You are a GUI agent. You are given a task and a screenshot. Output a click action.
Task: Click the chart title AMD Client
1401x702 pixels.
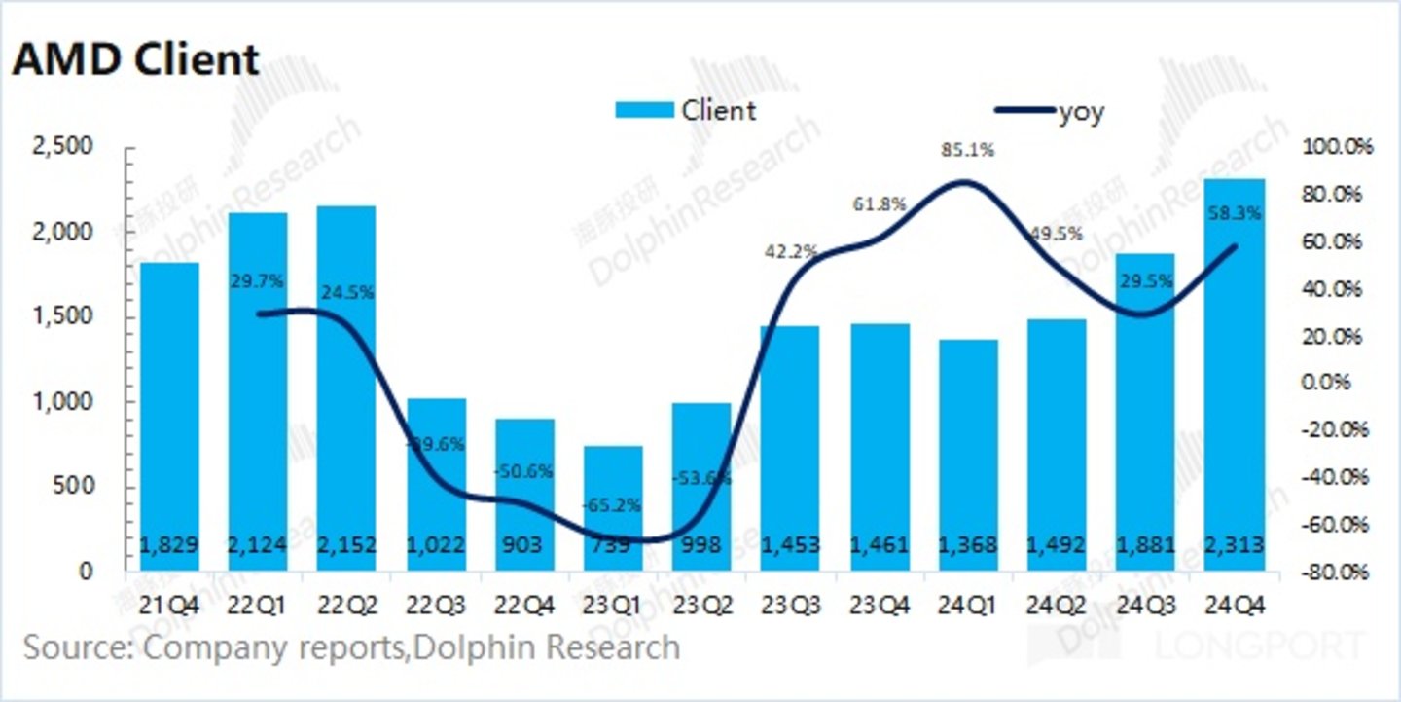[x=135, y=60]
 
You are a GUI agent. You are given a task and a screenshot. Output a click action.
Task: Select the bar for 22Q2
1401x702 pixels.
[x=346, y=388]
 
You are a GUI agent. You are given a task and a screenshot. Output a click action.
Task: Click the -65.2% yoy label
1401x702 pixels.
[x=611, y=506]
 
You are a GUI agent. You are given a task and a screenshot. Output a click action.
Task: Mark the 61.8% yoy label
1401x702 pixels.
[x=880, y=204]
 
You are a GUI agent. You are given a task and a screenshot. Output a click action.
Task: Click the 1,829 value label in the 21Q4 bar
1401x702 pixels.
[x=169, y=545]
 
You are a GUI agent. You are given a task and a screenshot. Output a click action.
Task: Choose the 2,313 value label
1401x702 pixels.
[x=1234, y=545]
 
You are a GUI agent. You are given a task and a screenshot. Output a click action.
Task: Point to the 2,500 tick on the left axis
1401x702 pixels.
[x=62, y=147]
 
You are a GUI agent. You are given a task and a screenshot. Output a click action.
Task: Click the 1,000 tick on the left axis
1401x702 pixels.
[x=62, y=402]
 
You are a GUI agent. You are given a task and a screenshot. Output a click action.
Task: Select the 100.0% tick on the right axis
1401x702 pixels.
[x=1336, y=147]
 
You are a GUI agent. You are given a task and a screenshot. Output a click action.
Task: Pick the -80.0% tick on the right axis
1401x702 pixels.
[x=1336, y=572]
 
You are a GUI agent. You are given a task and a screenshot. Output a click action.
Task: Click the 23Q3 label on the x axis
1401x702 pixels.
[x=790, y=606]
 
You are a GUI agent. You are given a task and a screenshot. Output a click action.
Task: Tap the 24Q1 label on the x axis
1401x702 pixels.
[x=967, y=606]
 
